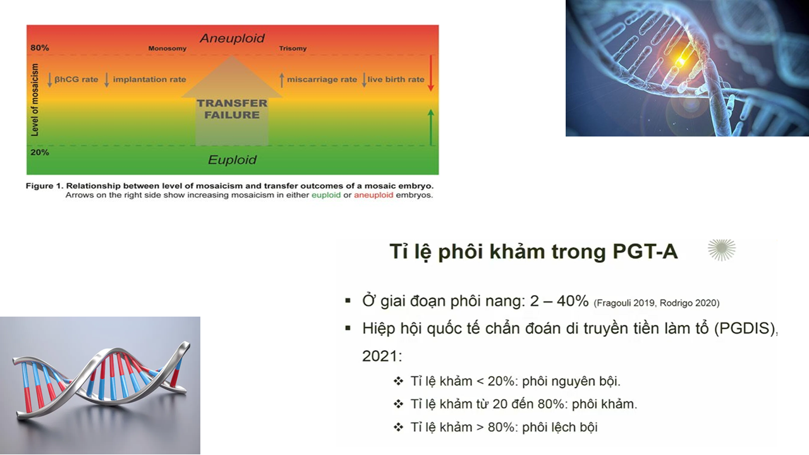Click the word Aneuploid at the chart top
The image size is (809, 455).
coord(232,39)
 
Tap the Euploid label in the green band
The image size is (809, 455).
coord(232,160)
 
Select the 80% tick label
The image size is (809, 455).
coord(40,47)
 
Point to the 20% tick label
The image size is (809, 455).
coord(40,152)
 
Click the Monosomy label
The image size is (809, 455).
coord(167,49)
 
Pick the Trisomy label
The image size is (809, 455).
coord(293,49)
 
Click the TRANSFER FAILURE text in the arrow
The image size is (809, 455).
coord(232,109)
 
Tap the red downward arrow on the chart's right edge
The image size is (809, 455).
coord(430,73)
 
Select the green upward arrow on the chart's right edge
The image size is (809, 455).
coord(430,128)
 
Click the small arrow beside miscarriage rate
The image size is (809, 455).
coord(282,80)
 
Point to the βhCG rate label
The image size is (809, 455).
coord(76,80)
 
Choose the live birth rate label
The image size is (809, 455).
coord(396,80)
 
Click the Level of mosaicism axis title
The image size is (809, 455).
coord(35,100)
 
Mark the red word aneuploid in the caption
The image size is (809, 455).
coord(374,195)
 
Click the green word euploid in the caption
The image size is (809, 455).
coord(326,195)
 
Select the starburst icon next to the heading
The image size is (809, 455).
coord(722,250)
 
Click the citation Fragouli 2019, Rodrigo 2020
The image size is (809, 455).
coord(657,303)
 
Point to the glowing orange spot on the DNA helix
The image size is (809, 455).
coord(681,61)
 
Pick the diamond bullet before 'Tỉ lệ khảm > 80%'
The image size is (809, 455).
coord(398,427)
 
